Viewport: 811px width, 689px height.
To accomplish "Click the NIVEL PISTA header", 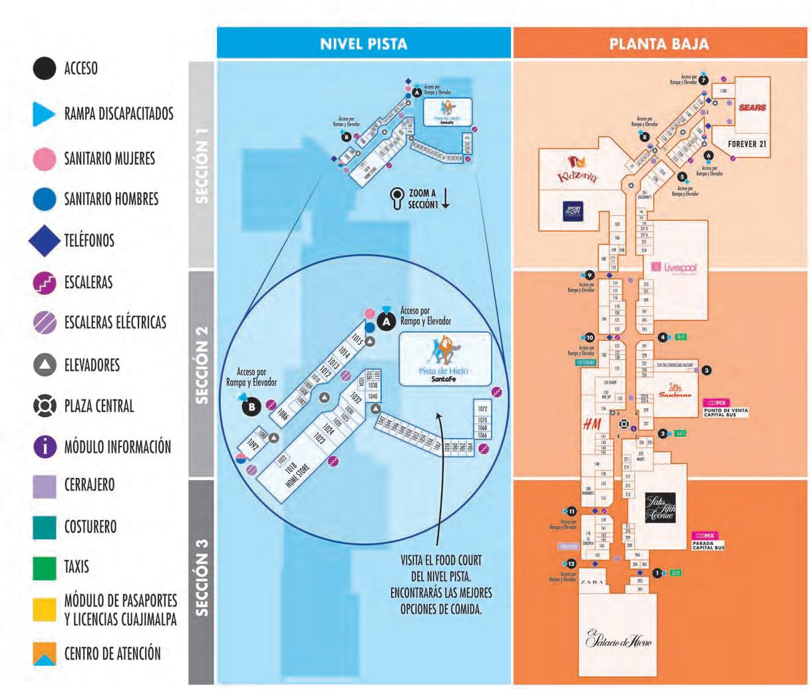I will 363,44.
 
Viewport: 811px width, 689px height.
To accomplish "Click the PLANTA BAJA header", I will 659,44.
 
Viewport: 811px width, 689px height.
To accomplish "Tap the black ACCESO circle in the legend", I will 45,69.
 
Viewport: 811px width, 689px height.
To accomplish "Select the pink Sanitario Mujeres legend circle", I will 45,158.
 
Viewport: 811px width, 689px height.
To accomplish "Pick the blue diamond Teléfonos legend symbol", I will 45,240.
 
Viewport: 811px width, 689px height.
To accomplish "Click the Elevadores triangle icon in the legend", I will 45,365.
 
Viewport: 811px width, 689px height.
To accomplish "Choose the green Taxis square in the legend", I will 45,567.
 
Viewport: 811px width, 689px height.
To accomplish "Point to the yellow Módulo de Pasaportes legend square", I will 45,609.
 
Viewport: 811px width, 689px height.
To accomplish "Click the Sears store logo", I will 752,107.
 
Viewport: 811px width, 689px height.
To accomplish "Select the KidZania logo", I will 577,170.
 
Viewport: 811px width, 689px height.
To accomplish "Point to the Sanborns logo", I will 675,391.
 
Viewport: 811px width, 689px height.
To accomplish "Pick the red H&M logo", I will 591,424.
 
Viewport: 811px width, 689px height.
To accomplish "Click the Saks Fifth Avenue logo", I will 660,508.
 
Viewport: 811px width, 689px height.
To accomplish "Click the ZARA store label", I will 592,582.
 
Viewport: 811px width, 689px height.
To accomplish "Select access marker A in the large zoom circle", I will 386,321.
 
